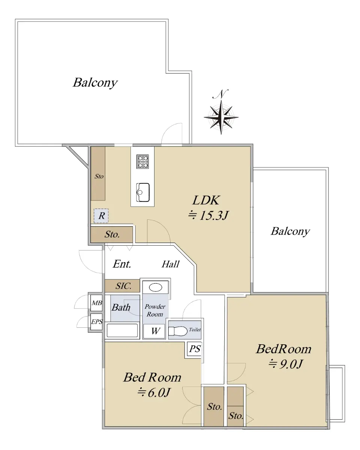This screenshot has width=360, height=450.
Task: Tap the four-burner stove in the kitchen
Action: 142,161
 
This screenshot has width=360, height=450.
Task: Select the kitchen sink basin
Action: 142,192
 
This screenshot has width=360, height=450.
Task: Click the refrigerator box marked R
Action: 101,216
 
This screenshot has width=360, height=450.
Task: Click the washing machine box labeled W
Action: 154,331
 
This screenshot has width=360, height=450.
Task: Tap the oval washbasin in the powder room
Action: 155,287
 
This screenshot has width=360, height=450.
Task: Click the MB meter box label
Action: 97,303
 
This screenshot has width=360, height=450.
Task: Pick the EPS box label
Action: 97,321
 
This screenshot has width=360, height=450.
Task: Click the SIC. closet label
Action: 123,286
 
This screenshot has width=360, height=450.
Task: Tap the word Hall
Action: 171,264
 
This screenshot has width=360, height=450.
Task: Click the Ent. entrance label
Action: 122,264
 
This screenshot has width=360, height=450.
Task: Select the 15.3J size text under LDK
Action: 208,215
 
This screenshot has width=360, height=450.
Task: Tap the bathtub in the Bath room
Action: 122,330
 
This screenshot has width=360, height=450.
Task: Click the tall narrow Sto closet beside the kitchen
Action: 98,174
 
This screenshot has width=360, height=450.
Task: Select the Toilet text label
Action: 195,330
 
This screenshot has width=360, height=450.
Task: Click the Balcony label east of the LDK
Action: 290,231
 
